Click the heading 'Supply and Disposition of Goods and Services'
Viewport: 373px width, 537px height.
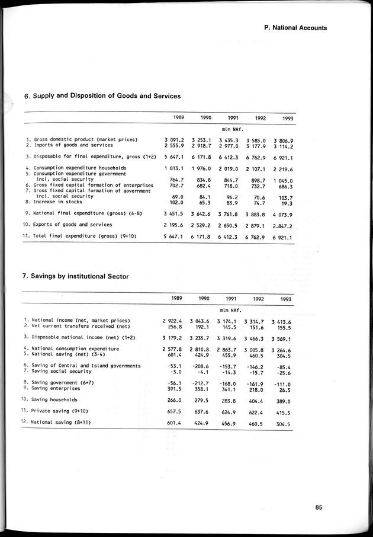pos(102,96)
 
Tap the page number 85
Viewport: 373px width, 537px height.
pos(319,507)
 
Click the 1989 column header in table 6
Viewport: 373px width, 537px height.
pos(178,118)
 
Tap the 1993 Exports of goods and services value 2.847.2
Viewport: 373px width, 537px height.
pos(284,225)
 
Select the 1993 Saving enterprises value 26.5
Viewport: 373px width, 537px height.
pos(287,389)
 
